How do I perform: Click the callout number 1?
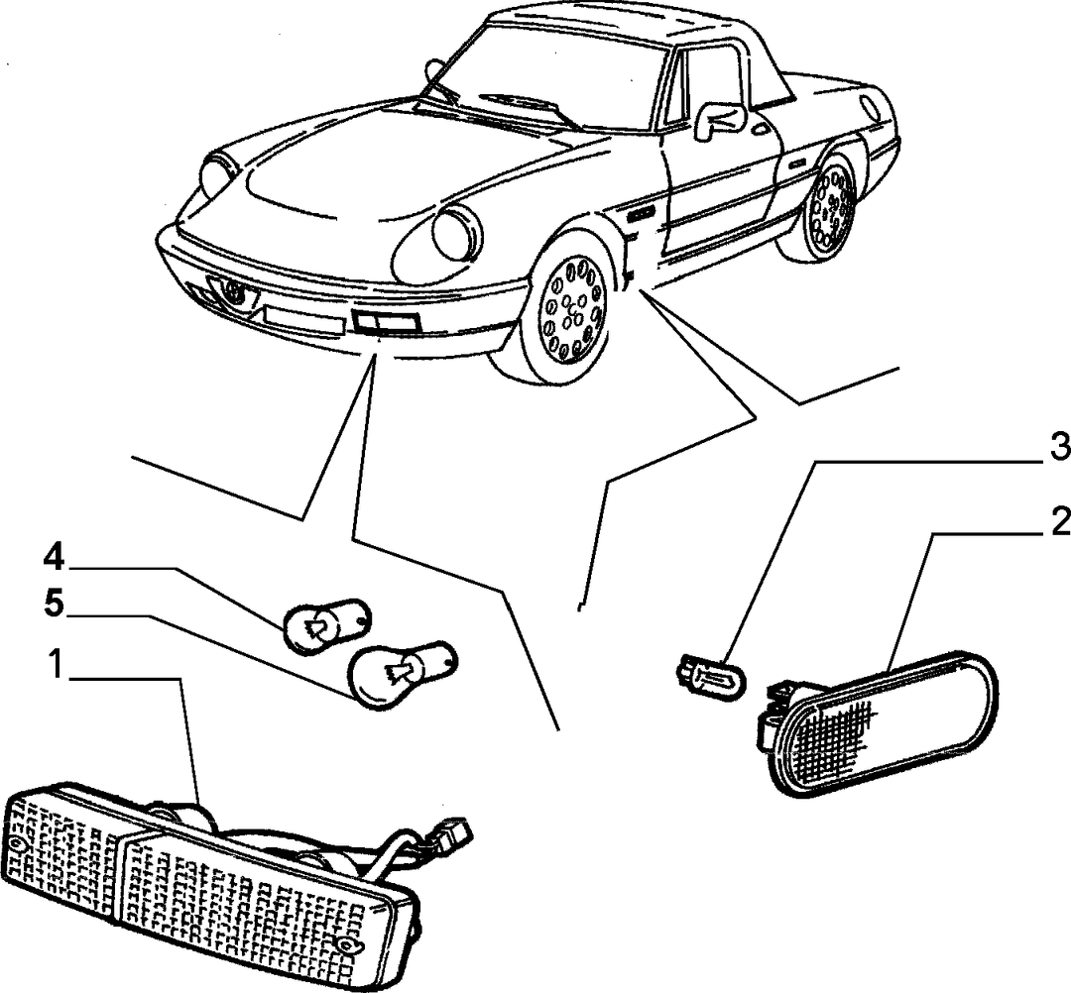(55, 665)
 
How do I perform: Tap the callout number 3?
(1059, 448)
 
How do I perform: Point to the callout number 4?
(54, 558)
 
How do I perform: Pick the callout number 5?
(54, 604)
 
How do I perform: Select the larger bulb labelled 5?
(402, 672)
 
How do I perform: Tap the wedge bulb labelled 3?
(710, 673)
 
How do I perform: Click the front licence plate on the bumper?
(302, 320)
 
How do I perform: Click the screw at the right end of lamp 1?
(349, 945)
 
